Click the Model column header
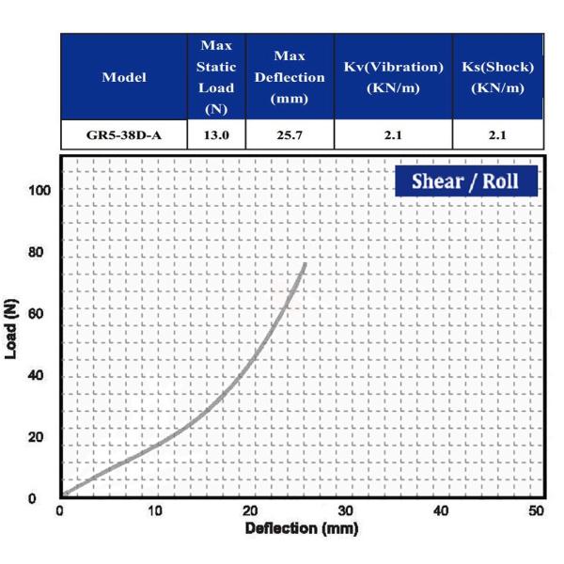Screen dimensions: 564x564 point(123,77)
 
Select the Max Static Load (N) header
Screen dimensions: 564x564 point(215,77)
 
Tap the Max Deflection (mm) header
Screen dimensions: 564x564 point(289,77)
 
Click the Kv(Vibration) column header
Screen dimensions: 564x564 point(393,77)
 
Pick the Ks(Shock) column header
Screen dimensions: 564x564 point(497,77)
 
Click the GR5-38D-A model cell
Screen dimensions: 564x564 point(123,134)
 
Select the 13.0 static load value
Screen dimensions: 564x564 point(215,134)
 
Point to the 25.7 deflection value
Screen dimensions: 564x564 point(289,134)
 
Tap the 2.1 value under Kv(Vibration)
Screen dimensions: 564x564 point(393,134)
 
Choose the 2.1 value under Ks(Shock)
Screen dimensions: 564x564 point(497,134)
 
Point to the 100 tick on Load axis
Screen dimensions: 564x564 point(39,191)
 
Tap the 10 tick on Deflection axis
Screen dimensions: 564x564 point(155,511)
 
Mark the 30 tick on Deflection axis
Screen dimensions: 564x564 point(346,511)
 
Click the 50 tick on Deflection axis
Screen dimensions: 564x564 point(536,511)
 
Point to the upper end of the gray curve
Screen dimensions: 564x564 point(305,264)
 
